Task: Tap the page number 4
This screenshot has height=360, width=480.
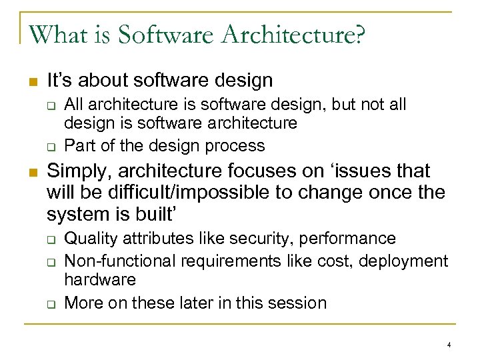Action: (x=449, y=345)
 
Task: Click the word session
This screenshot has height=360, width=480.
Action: (x=297, y=303)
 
